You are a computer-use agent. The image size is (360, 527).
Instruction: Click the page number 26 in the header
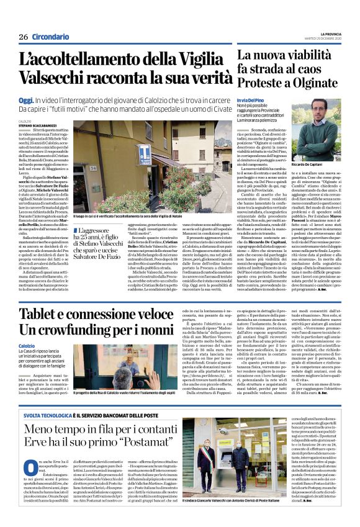click(x=23, y=37)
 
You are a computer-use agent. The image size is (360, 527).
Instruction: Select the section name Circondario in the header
click(x=50, y=37)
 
